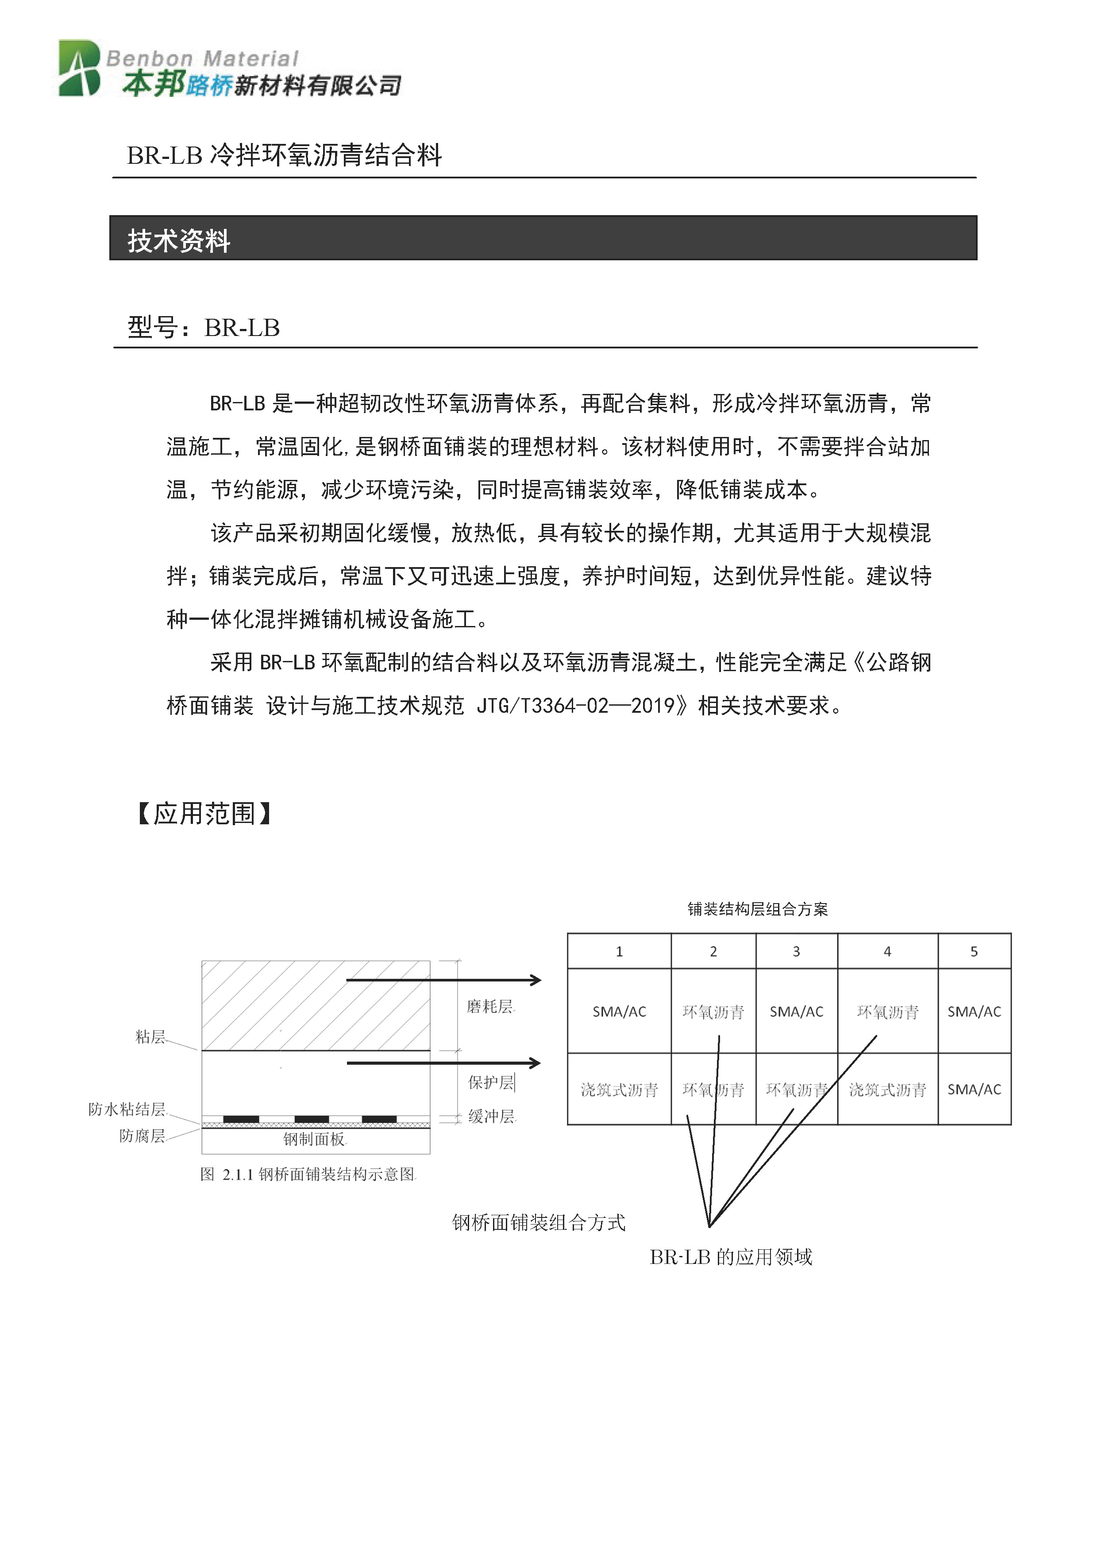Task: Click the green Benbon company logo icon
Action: coord(80,68)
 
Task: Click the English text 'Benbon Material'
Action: coord(201,59)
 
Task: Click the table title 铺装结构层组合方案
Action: coord(757,909)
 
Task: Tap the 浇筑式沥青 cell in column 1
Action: coord(619,1089)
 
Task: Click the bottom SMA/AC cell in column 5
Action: coord(974,1089)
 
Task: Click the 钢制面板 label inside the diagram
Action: coord(314,1140)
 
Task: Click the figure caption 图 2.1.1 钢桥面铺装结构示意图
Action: coord(308,1174)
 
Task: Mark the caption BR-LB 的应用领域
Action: coord(731,1257)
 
